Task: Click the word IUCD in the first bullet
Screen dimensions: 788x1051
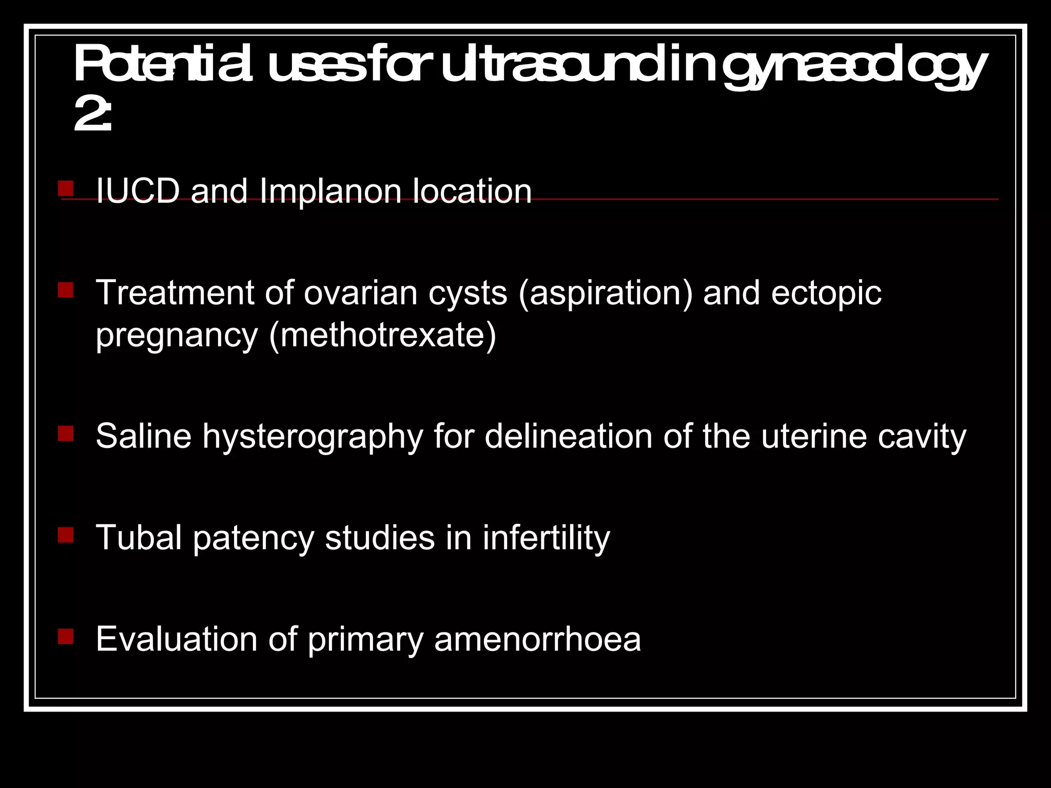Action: click(138, 191)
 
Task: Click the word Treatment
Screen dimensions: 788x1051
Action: click(175, 293)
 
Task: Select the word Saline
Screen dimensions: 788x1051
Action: click(143, 436)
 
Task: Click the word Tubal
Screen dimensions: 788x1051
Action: click(139, 538)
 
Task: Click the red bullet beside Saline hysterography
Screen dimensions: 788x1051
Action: click(66, 434)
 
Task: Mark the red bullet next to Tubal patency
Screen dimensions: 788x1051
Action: click(66, 535)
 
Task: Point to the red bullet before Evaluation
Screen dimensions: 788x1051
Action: click(66, 637)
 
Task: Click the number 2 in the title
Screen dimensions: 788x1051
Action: click(87, 115)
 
